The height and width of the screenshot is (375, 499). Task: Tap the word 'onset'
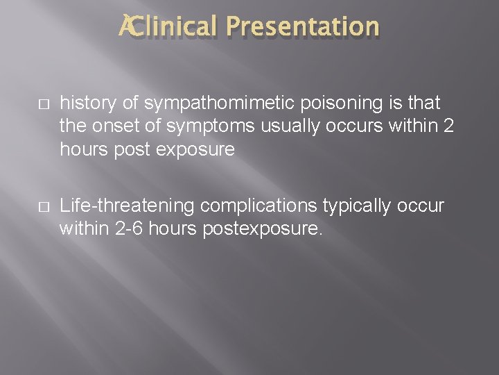[107, 126]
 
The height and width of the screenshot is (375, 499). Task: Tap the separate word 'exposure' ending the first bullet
[200, 149]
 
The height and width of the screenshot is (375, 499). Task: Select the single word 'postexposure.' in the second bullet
[263, 229]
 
